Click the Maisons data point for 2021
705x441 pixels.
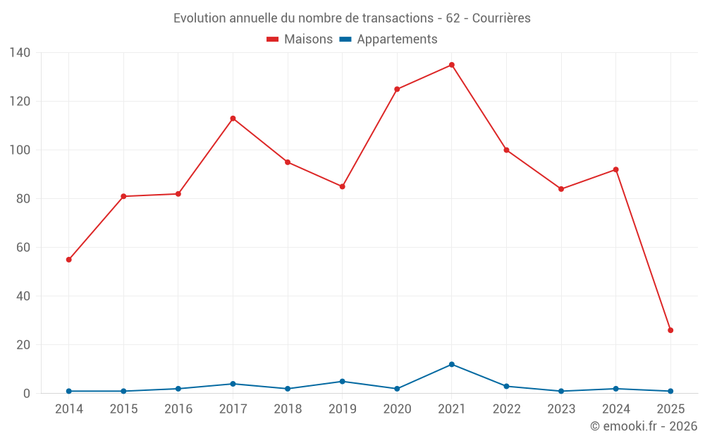(452, 65)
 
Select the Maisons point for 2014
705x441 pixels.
(69, 260)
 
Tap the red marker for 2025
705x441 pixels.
(670, 330)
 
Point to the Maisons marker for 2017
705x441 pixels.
(233, 119)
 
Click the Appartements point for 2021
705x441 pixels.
(452, 364)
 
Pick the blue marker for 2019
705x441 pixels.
(343, 382)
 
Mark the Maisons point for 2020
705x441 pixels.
(397, 89)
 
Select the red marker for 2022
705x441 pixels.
(506, 150)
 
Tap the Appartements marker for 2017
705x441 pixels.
(233, 384)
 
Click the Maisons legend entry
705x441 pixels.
(300, 40)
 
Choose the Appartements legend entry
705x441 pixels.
(388, 40)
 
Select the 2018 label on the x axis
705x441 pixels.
(288, 409)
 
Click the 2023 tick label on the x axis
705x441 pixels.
(561, 409)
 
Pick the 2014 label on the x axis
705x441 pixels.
(69, 409)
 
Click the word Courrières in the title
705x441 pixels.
(501, 18)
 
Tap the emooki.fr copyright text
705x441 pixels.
(644, 426)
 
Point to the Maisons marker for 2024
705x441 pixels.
(615, 169)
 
